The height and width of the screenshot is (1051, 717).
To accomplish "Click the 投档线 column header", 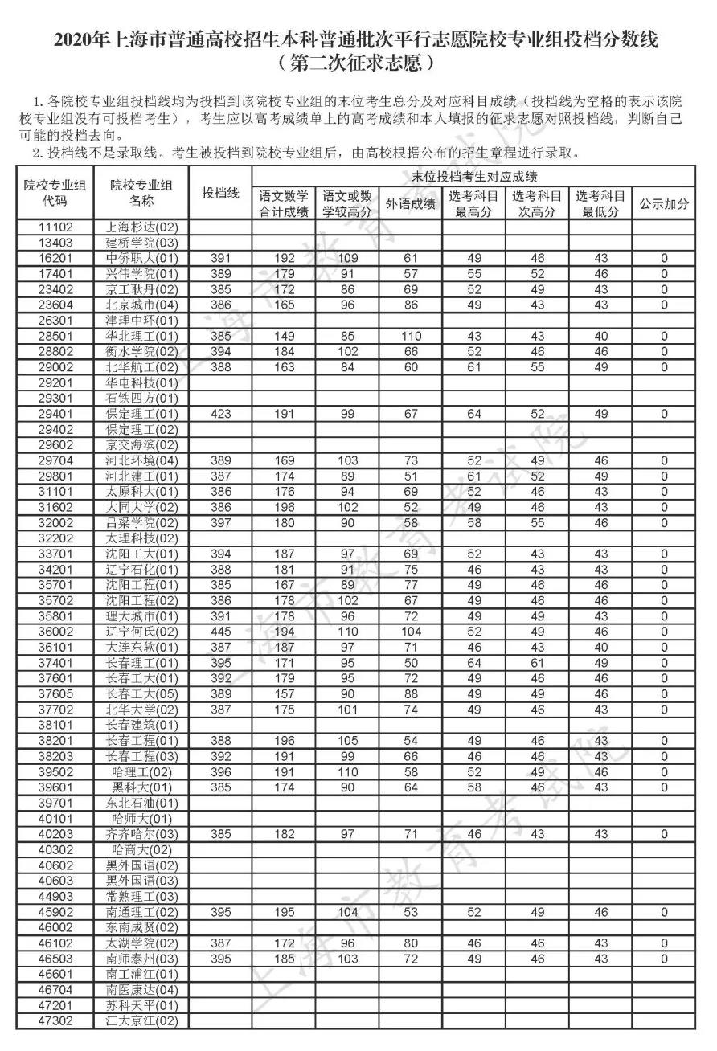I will coord(220,194).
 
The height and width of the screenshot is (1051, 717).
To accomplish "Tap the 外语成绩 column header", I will coord(411,204).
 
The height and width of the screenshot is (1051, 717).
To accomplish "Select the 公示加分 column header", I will coord(664,204).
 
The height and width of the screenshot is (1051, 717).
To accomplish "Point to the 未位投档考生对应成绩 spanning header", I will coord(474,177).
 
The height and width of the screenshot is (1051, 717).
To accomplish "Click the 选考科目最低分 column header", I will coord(600,204).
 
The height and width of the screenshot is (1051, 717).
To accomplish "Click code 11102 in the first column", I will coord(55,227).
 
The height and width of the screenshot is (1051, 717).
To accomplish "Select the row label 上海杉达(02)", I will coord(141,227).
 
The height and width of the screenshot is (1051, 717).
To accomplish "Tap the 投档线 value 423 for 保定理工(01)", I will coord(220,414).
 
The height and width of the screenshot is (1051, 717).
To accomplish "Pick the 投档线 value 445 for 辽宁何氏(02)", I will coord(220,632).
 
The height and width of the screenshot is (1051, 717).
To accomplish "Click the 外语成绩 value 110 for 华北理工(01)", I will coord(411,336).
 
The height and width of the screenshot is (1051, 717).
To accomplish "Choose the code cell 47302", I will coord(55,1021).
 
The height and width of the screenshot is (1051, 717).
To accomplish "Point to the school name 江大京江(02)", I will coord(141,1021).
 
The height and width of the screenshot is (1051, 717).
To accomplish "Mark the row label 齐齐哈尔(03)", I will coord(141,834).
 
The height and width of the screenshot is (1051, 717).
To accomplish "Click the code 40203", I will coord(55,834).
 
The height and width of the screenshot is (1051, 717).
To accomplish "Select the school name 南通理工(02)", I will coord(141,912).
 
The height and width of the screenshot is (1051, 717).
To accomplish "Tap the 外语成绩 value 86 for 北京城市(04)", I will coord(411,305).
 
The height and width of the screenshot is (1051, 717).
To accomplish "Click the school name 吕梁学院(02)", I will coord(141,522).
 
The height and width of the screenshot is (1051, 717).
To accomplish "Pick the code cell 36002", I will coord(55,632).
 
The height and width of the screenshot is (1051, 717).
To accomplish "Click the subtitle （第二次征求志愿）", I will coord(358,61).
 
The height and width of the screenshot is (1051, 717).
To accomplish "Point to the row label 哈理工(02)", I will coord(141,771).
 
